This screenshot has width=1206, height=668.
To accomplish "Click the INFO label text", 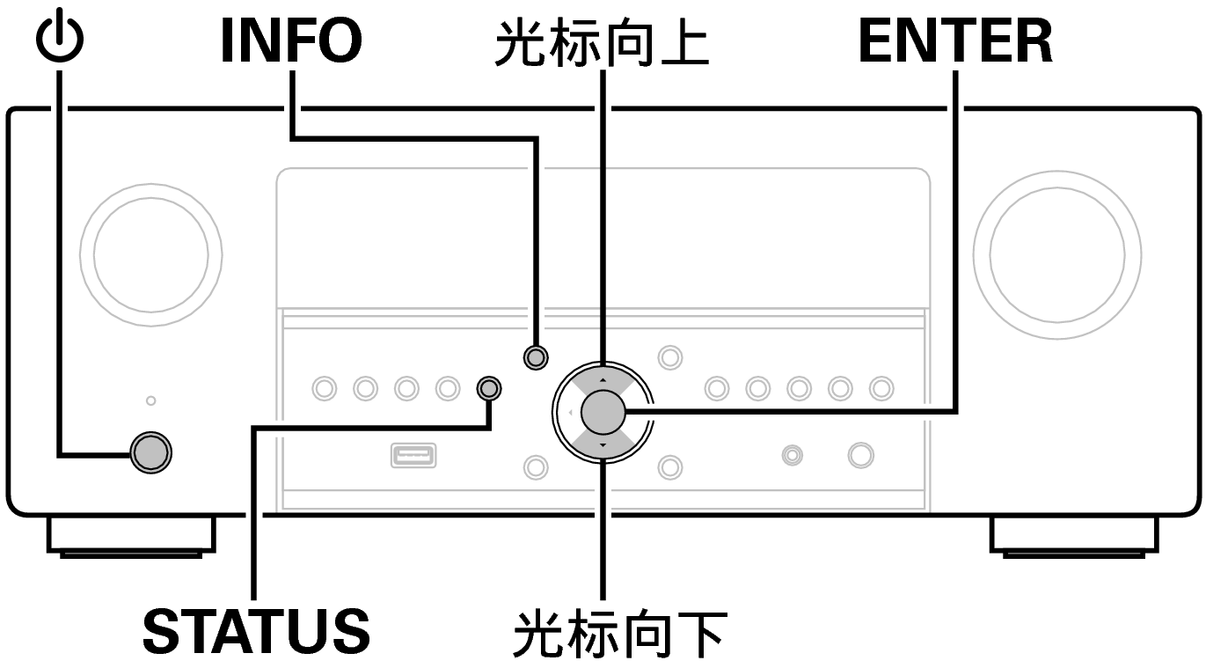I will point(290,41).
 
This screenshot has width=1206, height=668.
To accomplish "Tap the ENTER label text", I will point(955,41).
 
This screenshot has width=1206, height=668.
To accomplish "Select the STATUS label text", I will point(256,630).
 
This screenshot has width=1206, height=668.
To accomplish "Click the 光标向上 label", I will point(602,44).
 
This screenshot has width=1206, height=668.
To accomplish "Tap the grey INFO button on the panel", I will point(535,356).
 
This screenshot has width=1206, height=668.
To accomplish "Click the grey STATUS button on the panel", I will point(489,387).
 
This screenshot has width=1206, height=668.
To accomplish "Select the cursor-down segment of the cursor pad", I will point(603,440).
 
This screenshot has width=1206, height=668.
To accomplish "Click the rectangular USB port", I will point(413,456).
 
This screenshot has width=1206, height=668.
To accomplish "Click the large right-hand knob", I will point(1056,254).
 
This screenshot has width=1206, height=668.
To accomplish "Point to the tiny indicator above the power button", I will point(150,400).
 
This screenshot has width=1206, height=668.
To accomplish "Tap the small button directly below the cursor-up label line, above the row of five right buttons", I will point(670,356).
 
